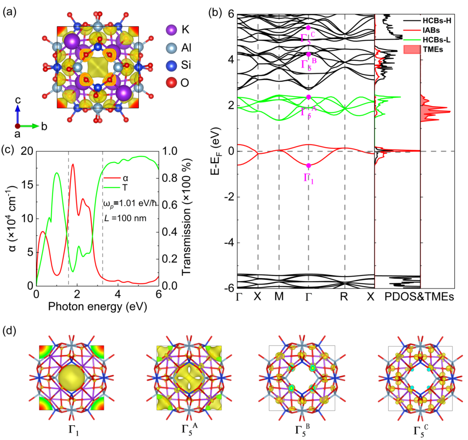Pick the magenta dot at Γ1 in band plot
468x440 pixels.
coord(309,165)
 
